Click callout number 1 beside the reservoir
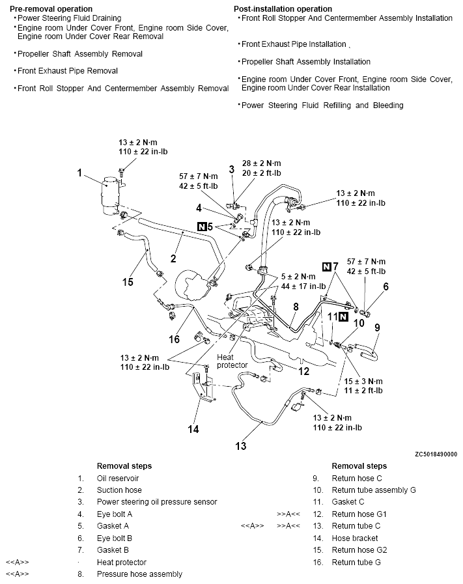point(79,173)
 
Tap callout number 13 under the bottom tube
point(242,446)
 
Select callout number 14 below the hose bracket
point(193,429)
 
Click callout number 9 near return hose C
point(378,327)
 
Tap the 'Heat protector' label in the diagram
point(232,361)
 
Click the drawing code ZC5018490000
point(434,454)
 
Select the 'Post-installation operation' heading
point(282,8)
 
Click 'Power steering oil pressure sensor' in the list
point(156,502)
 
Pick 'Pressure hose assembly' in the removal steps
point(139,574)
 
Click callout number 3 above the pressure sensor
point(231,169)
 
